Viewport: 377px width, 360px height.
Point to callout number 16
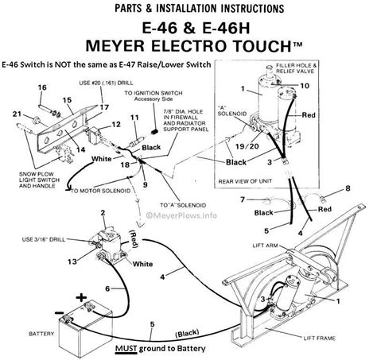(x=42, y=87)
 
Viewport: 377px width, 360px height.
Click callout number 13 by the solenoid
(x=72, y=261)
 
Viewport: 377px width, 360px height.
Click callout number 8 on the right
(x=347, y=188)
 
